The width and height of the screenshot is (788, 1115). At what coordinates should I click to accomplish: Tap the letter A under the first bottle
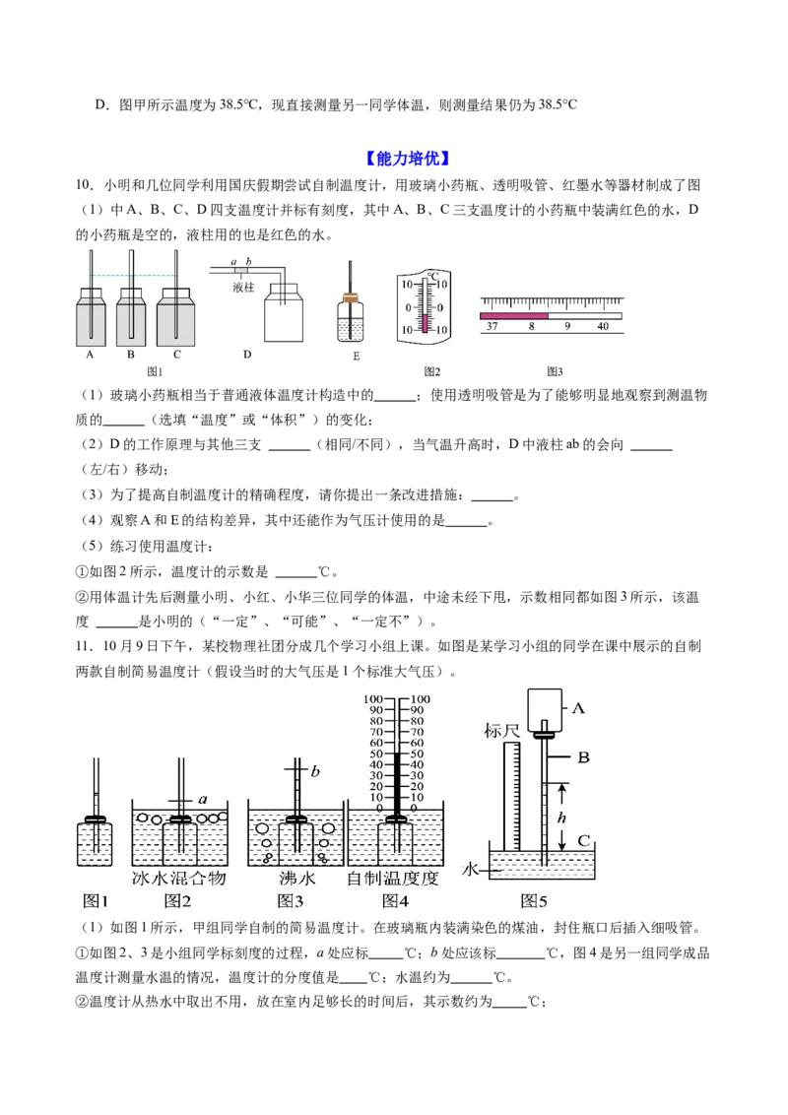click(91, 355)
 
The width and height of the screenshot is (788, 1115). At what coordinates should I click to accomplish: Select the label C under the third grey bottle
click(177, 355)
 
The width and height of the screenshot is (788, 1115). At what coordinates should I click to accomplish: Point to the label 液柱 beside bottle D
click(243, 288)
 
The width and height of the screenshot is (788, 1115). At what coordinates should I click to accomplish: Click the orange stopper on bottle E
click(350, 296)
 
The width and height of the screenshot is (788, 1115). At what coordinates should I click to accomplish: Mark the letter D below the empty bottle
click(247, 355)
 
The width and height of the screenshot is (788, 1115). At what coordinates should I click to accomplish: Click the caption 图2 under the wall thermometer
click(431, 371)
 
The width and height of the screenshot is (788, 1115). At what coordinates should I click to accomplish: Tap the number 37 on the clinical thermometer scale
click(492, 326)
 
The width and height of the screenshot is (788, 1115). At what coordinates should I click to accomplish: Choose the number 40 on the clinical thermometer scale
click(603, 326)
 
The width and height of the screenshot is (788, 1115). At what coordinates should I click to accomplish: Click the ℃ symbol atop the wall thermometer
click(433, 275)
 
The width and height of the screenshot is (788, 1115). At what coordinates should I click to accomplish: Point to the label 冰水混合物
click(179, 879)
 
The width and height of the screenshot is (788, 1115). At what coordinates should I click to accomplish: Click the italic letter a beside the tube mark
click(203, 800)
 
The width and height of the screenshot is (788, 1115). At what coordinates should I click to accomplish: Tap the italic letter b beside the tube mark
click(315, 771)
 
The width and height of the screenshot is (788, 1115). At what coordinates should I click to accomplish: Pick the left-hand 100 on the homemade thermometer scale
click(372, 699)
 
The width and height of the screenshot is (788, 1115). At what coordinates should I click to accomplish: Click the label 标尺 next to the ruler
click(501, 731)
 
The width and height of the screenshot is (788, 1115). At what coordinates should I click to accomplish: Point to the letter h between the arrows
click(561, 818)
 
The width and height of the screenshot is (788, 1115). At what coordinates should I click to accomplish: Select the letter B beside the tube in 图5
click(583, 757)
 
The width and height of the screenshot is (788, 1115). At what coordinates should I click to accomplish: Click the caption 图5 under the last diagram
click(534, 901)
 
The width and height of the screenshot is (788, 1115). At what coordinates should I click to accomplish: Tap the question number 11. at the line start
click(85, 646)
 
